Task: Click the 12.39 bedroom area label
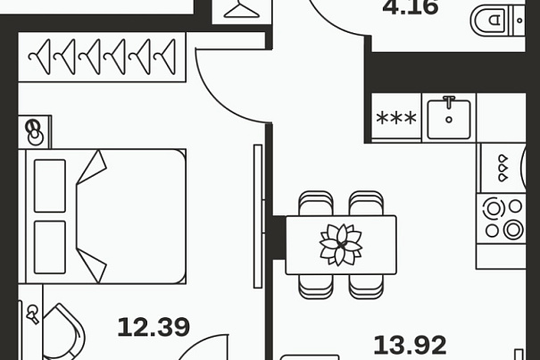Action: (x=154, y=327)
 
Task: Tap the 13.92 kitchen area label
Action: (x=411, y=345)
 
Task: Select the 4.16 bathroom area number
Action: (x=411, y=7)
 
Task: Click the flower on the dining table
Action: (x=341, y=245)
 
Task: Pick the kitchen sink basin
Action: (x=449, y=119)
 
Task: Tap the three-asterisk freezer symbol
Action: (x=396, y=118)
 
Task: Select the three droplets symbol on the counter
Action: (x=503, y=168)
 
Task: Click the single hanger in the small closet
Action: (x=241, y=10)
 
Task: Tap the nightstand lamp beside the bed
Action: (x=35, y=132)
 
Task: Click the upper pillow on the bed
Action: (x=50, y=186)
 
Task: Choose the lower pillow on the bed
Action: (x=50, y=247)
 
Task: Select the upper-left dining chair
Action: (x=316, y=204)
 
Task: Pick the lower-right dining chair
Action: (x=366, y=286)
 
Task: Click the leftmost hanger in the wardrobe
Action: (x=39, y=57)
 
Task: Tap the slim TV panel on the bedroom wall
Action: (x=258, y=216)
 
